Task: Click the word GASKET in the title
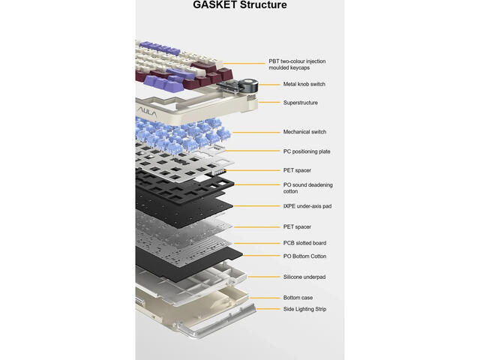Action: [x=215, y=4]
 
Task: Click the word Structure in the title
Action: [x=263, y=4]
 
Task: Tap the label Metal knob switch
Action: [x=304, y=84]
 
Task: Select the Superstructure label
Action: [x=300, y=103]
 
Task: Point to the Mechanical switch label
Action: [x=304, y=132]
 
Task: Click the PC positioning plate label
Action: [x=307, y=151]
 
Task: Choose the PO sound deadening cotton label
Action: [x=307, y=188]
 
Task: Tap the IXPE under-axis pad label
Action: [x=307, y=206]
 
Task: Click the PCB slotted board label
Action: [x=304, y=243]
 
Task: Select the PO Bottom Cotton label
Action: [x=304, y=256]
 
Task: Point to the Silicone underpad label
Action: [x=304, y=277]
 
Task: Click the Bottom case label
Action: [x=298, y=298]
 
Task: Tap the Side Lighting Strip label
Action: [x=304, y=309]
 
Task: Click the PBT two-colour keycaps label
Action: [x=297, y=64]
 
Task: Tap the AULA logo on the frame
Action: [x=147, y=113]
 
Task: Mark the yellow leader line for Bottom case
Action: [x=265, y=298]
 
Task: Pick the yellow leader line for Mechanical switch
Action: [x=256, y=133]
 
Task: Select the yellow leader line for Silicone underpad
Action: [x=264, y=277]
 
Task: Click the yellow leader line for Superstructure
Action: [x=269, y=103]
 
